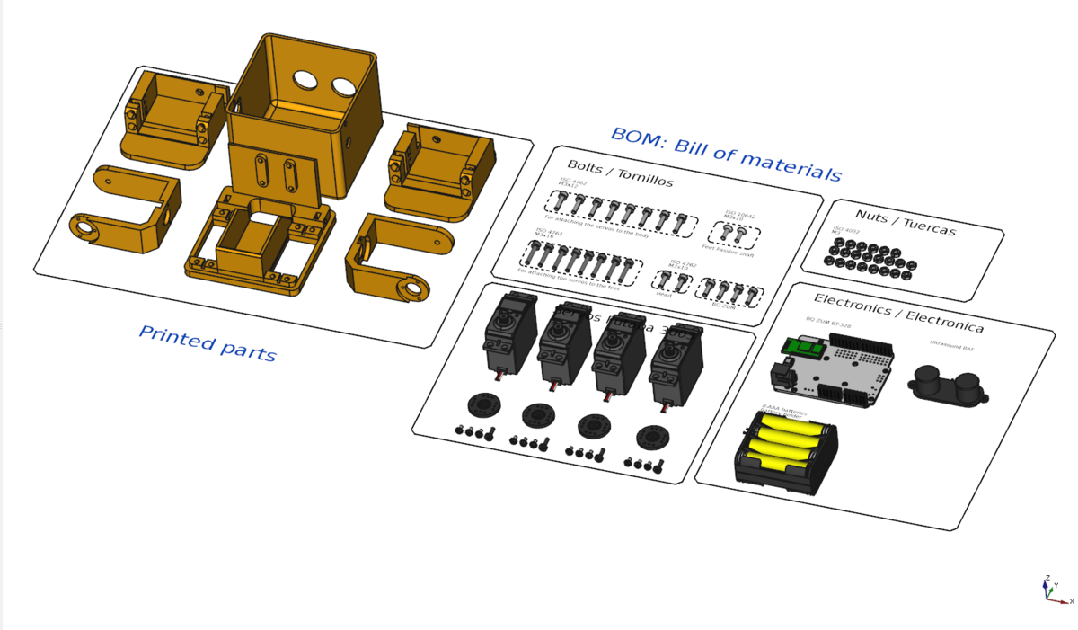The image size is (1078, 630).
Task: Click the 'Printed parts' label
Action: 208,343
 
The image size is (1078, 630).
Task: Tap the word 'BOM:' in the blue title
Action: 639,139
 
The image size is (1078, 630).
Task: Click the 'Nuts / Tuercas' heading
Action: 905,223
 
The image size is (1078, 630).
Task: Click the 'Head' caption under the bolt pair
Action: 664,294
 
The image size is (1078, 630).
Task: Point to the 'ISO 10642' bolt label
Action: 738,215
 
